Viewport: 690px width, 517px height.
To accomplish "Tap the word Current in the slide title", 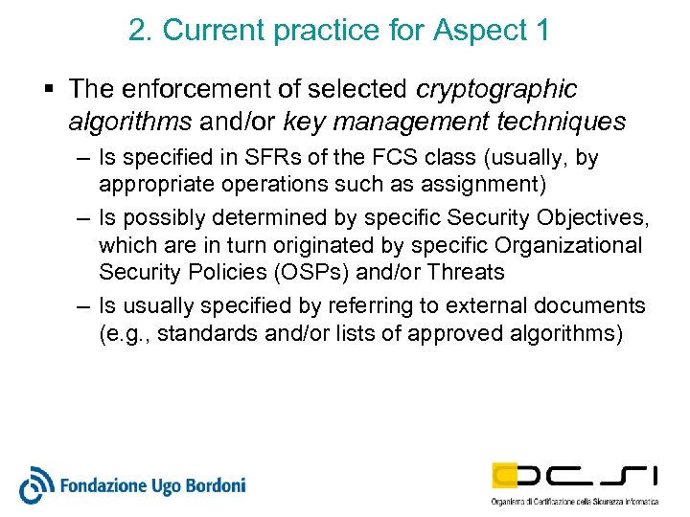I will click(x=214, y=31).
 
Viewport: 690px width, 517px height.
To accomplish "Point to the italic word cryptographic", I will click(x=497, y=90).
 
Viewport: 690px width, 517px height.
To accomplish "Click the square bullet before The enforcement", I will click(x=48, y=90).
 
